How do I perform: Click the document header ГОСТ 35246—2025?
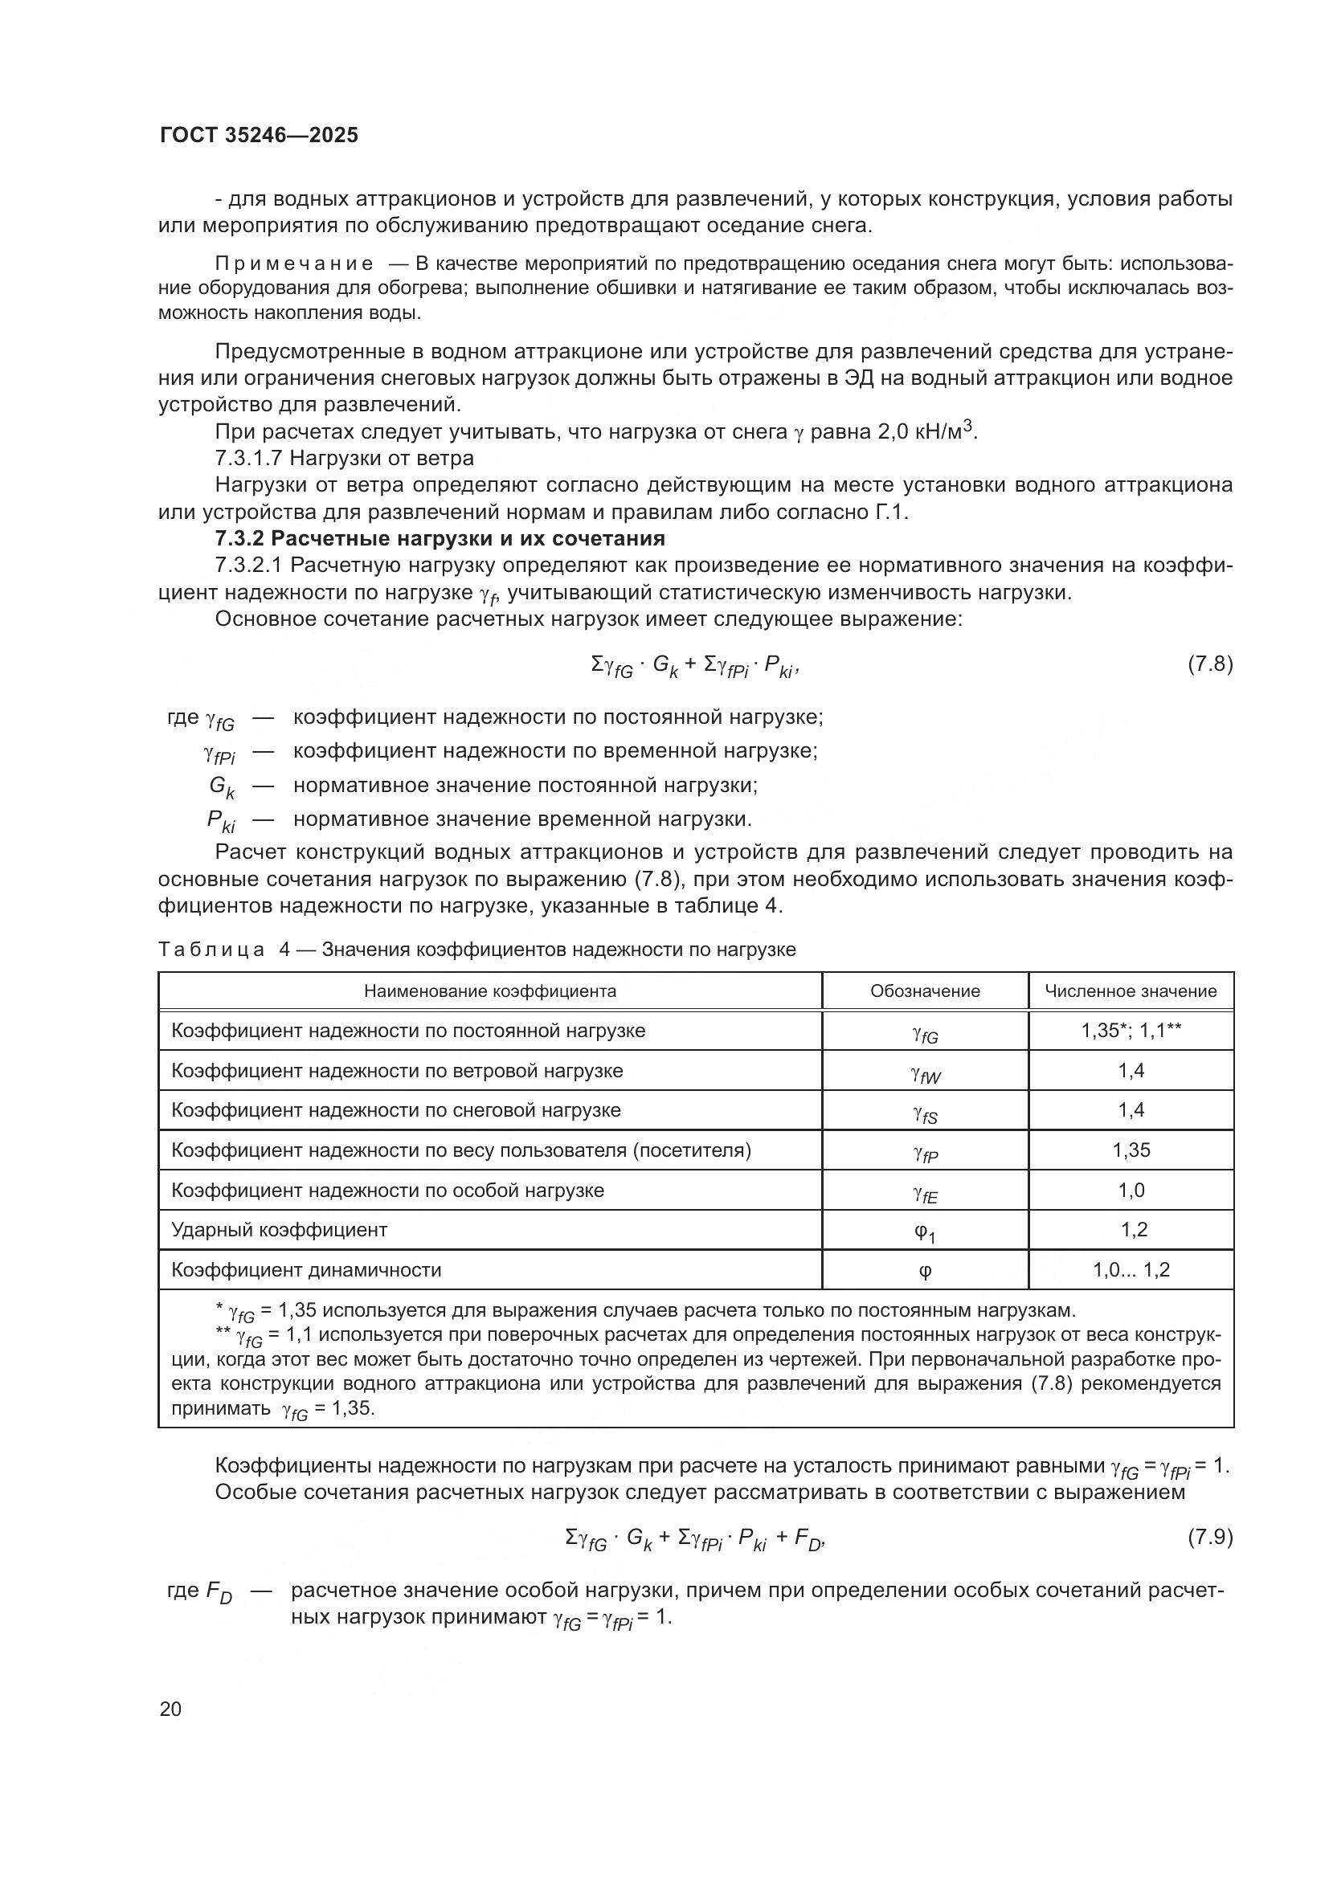pos(260,135)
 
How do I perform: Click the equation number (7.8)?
pos(1209,664)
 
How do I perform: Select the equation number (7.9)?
pos(1209,1537)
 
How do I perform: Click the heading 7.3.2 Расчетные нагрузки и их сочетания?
pos(440,538)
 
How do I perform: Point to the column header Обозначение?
pos(925,991)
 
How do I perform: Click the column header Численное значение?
pos(1131,991)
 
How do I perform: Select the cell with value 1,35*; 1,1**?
pos(1131,1031)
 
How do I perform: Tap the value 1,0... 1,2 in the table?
pos(1131,1270)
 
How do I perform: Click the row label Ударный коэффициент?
pos(279,1230)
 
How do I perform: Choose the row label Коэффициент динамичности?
pos(306,1270)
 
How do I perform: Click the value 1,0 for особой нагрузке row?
pos(1131,1190)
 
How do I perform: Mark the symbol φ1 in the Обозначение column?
pos(925,1232)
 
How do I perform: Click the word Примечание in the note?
pos(294,264)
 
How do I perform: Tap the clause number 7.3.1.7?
pos(248,457)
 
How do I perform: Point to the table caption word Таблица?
pos(211,950)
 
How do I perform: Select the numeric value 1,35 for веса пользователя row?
pos(1131,1150)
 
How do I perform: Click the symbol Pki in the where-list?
pos(221,821)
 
